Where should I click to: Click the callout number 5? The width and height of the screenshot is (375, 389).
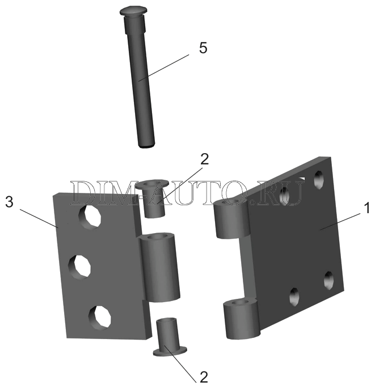click(x=203, y=48)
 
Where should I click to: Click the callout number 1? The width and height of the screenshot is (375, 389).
click(x=367, y=208)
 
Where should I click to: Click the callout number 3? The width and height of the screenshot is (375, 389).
click(x=9, y=202)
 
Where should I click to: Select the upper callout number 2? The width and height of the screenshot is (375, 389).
click(x=205, y=159)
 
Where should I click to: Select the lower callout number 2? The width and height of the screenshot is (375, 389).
click(x=203, y=376)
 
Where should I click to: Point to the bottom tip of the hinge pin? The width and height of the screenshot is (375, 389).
click(x=146, y=145)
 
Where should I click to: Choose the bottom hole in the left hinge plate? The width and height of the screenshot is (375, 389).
click(x=99, y=316)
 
